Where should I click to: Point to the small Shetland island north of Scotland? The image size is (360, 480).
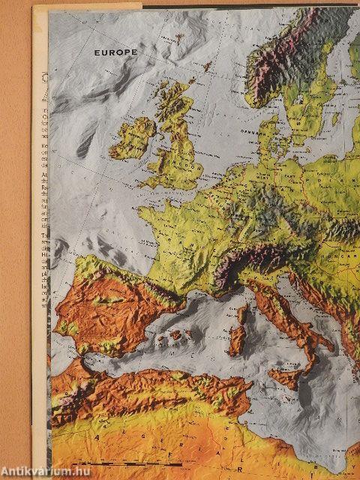pos(203,71)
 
